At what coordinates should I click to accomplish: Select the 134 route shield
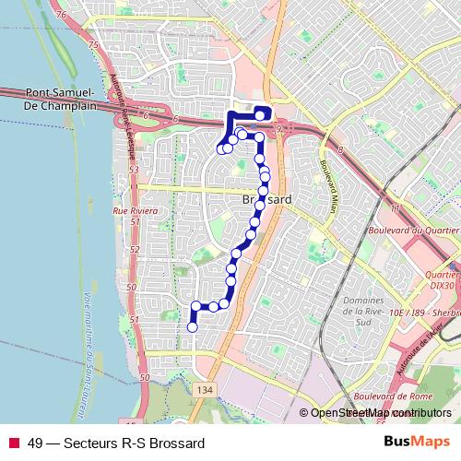206,391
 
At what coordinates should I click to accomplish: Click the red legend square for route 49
12,443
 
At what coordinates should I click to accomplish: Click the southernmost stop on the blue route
193,326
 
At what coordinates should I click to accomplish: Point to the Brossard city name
266,199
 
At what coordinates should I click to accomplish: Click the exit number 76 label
61,15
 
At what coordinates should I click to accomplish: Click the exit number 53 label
134,170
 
